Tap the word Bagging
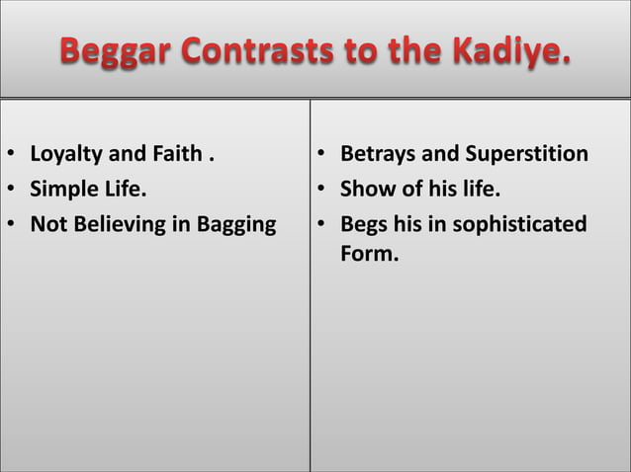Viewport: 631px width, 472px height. [x=237, y=225]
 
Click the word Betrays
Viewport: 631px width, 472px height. [x=377, y=155]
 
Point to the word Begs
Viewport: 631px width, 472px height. [x=363, y=225]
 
